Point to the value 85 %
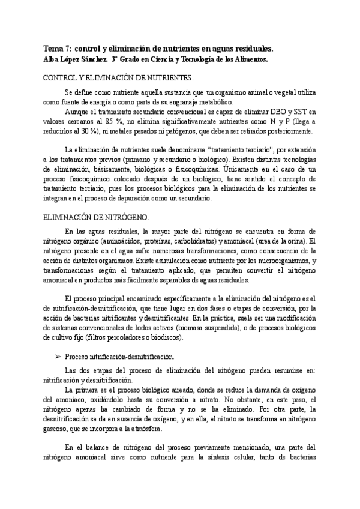pyautogui.click(x=115, y=121)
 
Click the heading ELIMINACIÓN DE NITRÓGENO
pyautogui.click(x=97, y=218)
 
